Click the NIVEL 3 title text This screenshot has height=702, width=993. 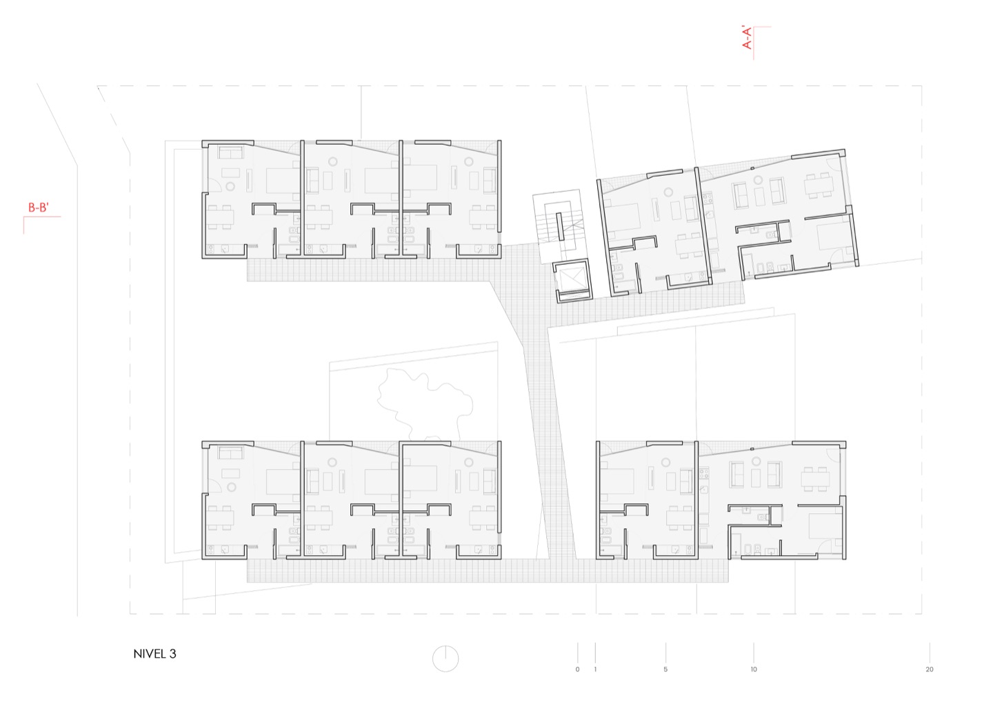click(154, 654)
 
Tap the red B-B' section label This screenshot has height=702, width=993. click(39, 208)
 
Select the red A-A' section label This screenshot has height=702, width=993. click(748, 38)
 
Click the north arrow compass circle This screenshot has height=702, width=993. click(445, 659)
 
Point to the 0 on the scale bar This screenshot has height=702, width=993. click(577, 670)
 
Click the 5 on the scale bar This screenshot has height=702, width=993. click(665, 670)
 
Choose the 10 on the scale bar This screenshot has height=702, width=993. click(754, 670)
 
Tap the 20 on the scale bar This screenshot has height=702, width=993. click(930, 670)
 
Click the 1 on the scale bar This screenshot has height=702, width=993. click(595, 670)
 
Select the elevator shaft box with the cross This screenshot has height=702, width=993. click(574, 281)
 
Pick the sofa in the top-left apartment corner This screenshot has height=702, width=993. click(230, 153)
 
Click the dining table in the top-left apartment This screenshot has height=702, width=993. click(220, 217)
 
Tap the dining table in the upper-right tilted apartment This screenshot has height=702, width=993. click(818, 185)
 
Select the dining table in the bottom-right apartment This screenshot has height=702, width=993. click(815, 479)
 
